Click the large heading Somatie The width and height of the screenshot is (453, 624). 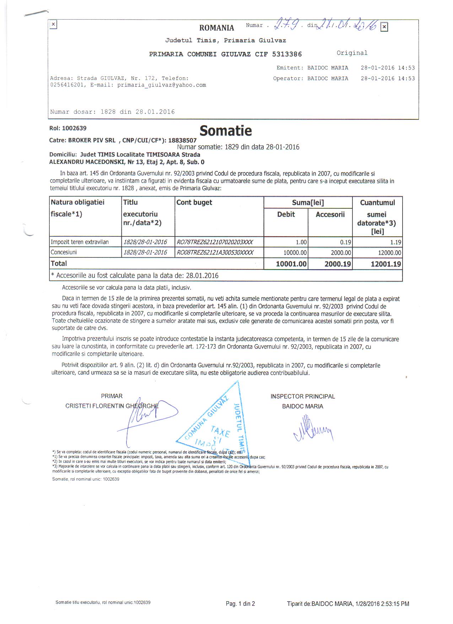[x=226, y=131]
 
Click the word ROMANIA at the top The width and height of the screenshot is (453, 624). [x=216, y=28]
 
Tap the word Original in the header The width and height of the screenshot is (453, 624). [x=352, y=53]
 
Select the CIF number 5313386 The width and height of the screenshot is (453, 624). [x=287, y=54]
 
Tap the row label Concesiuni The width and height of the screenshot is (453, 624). [x=64, y=252]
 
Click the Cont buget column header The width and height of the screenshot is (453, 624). [x=194, y=202]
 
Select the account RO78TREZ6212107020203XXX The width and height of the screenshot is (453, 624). [x=215, y=242]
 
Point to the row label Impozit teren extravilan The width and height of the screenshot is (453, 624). [x=80, y=242]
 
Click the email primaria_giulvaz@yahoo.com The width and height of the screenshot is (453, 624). [x=162, y=85]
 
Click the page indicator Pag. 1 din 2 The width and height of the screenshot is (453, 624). [x=240, y=603]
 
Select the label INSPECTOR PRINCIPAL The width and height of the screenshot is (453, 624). [x=303, y=396]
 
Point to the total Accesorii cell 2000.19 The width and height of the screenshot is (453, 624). [x=338, y=264]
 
